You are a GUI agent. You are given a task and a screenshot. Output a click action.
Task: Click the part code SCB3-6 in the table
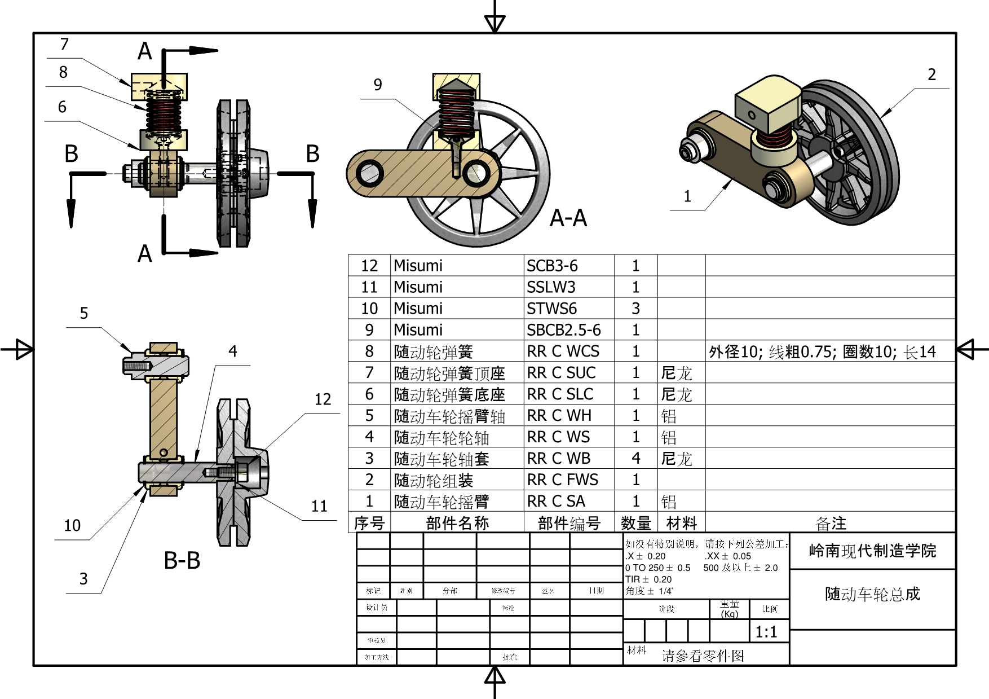point(552,266)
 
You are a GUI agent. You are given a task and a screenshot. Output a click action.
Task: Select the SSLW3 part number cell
point(551,287)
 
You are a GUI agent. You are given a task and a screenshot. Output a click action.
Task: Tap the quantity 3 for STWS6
point(635,309)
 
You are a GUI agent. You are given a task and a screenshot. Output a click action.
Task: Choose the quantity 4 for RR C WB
point(635,458)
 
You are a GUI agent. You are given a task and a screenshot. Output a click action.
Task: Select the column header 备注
point(831,523)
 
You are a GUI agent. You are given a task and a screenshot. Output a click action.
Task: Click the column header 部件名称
point(457,523)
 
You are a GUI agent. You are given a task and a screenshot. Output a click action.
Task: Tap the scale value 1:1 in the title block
point(766,632)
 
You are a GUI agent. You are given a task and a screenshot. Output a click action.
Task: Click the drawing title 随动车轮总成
point(872,594)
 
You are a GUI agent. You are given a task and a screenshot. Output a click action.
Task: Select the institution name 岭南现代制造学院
point(872,551)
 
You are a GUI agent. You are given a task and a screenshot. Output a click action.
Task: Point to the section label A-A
point(568,218)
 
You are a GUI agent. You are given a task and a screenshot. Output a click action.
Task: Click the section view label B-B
point(182,561)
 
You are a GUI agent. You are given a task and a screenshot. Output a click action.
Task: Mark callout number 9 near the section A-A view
point(378,85)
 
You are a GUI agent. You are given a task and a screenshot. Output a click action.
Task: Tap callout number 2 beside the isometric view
point(931,74)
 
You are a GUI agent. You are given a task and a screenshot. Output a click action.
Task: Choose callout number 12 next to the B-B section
point(323,399)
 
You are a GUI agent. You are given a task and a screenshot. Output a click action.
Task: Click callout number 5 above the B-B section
point(84,313)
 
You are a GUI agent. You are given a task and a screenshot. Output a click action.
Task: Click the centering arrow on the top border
point(494,23)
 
